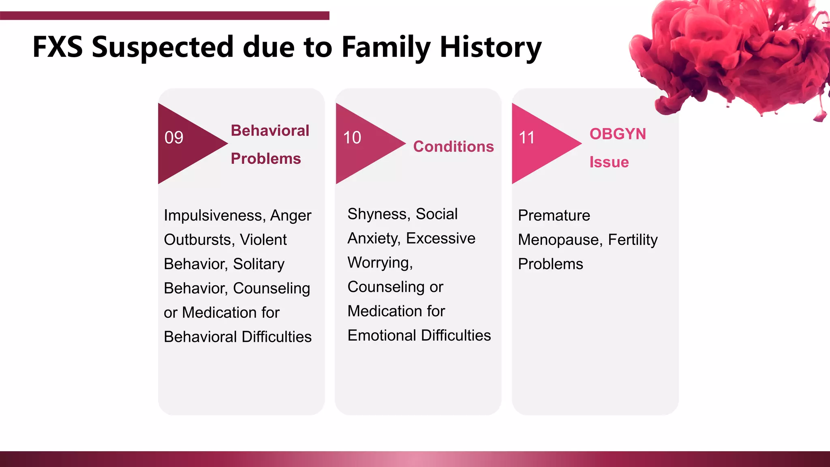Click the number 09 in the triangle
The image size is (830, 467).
click(x=174, y=138)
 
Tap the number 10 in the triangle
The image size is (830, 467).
click(x=352, y=138)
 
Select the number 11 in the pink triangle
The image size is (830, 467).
click(x=527, y=138)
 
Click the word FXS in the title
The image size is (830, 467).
click(x=58, y=47)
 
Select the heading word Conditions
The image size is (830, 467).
click(x=454, y=147)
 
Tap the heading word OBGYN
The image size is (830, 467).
click(x=618, y=134)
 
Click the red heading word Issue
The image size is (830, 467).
click(x=609, y=162)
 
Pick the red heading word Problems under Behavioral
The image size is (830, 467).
click(x=266, y=159)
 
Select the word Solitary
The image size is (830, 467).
click(x=259, y=264)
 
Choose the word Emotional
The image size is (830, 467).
click(x=381, y=336)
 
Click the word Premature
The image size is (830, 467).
click(x=554, y=216)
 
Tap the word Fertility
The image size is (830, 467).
click(x=633, y=240)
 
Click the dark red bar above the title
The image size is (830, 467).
click(x=165, y=16)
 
